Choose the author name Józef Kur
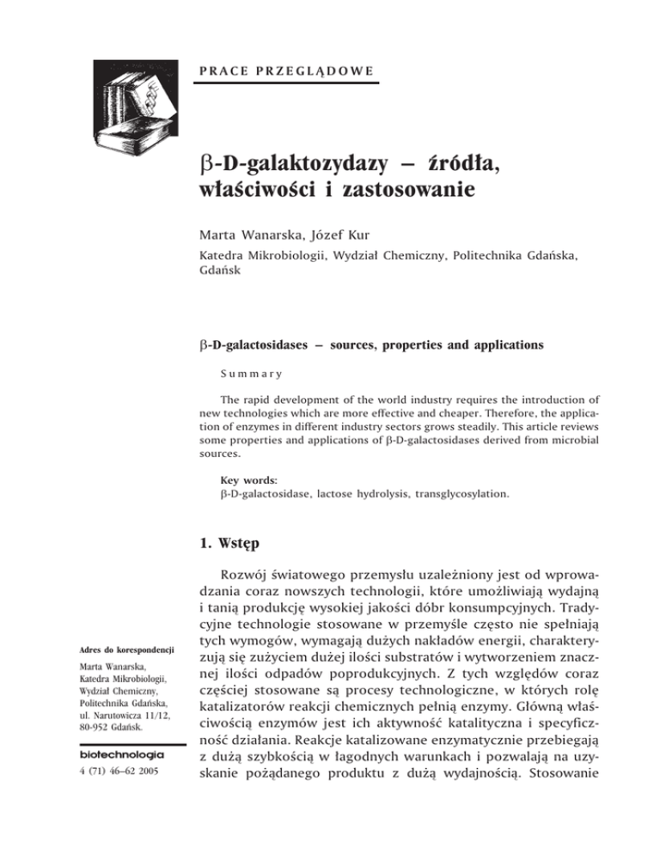pos(353,227)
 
